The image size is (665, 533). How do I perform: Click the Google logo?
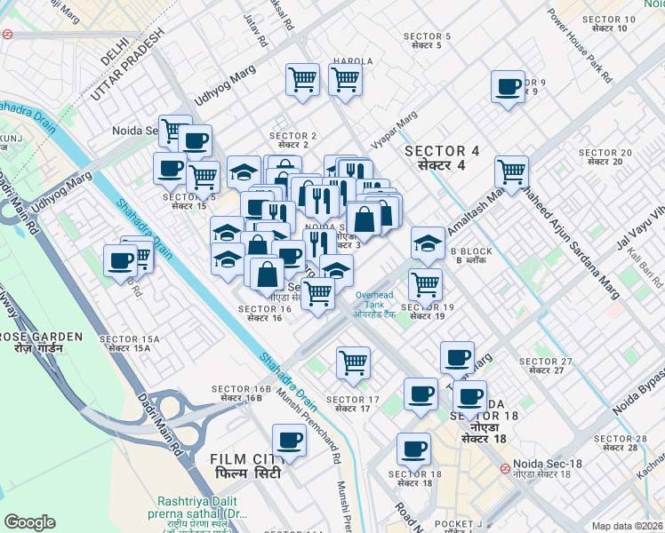click(x=30, y=522)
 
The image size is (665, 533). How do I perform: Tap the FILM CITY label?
click(x=245, y=465)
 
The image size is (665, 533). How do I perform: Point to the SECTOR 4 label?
click(x=442, y=158)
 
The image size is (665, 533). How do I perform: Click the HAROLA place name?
click(x=353, y=61)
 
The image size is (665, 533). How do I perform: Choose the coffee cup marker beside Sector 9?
click(x=509, y=87)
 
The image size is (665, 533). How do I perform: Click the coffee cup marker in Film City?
click(x=288, y=441)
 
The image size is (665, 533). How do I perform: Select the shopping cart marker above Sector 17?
click(x=354, y=362)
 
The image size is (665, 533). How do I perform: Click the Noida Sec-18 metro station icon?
click(x=504, y=467)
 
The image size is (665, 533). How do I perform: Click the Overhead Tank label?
click(x=373, y=299)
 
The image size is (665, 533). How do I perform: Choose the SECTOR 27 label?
click(x=545, y=365)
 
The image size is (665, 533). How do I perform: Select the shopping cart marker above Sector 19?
click(x=425, y=284)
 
